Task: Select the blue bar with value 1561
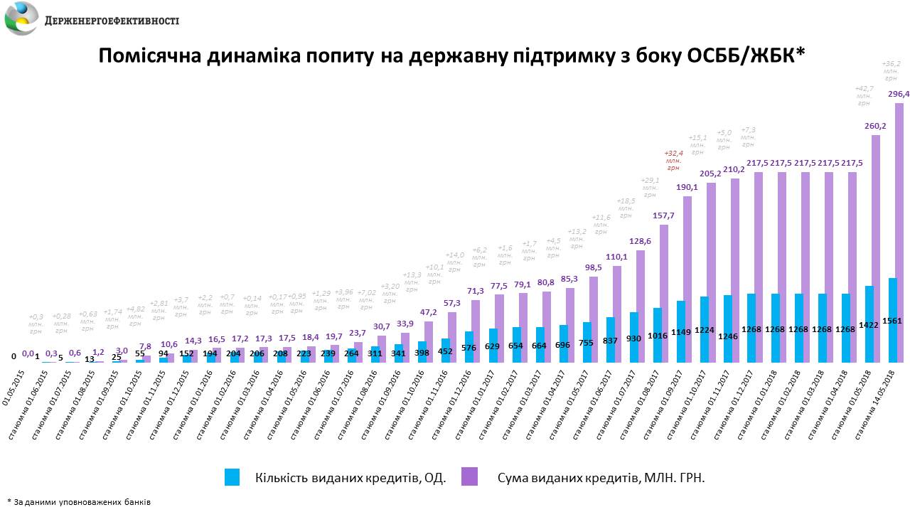(892, 320)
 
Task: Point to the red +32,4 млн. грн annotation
(673, 161)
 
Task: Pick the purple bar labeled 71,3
(476, 331)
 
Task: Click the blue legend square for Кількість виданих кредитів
(232, 477)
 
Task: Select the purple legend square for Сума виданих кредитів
(469, 477)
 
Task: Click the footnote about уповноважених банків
(78, 501)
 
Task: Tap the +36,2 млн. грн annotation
(891, 72)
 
